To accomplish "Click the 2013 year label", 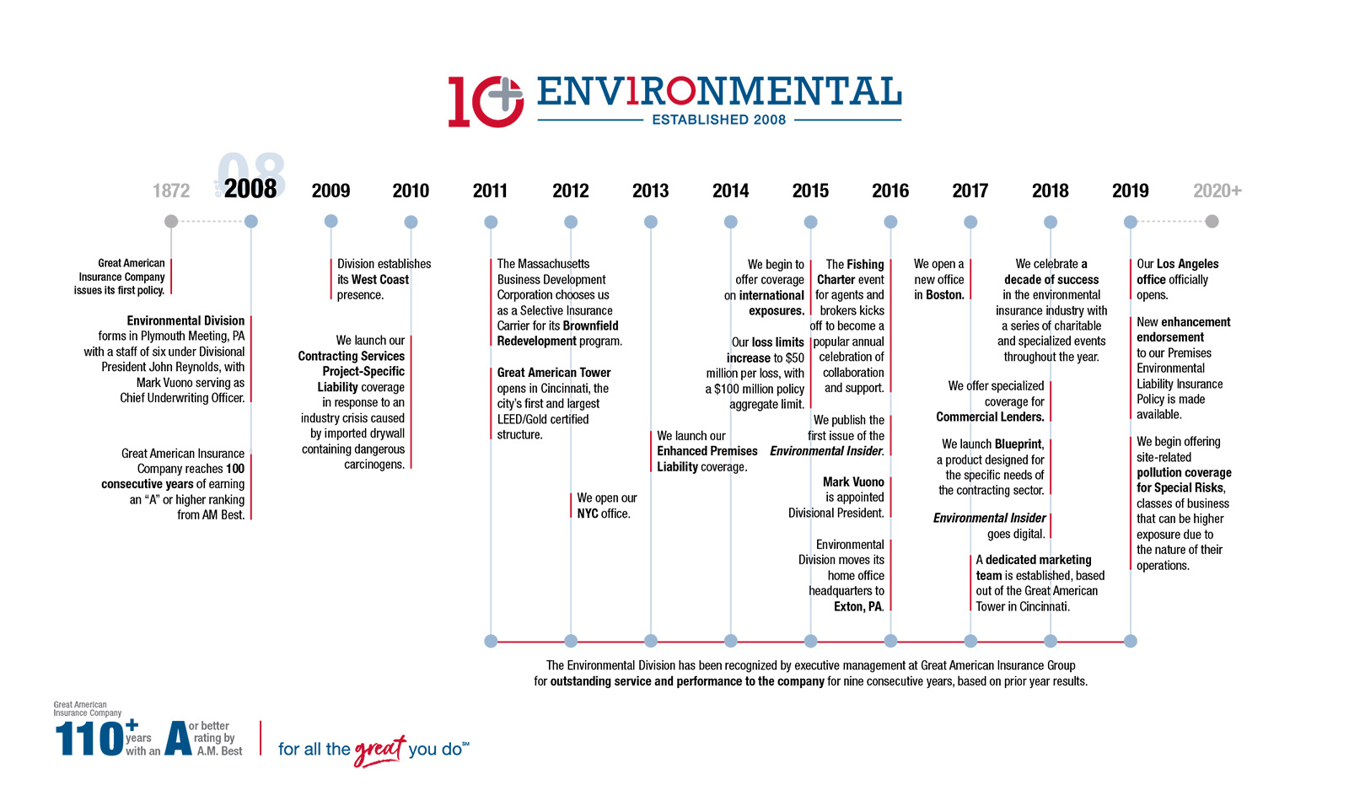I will [650, 191].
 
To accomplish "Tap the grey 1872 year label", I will [171, 191].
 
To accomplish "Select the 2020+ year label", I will [1217, 191].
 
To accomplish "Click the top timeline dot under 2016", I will [890, 222].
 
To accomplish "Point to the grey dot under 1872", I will [171, 221].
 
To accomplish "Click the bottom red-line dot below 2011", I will [491, 641].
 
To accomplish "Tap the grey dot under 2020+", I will [1212, 221].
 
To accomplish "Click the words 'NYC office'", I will [603, 514].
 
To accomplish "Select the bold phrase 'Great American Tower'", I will [554, 373].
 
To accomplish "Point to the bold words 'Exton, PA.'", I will [858, 607].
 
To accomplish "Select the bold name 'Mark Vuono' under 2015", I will [853, 482].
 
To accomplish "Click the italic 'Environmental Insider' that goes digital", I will [989, 519].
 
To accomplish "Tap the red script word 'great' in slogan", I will [379, 750].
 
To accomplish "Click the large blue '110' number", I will [89, 739].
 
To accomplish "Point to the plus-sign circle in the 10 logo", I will [504, 94].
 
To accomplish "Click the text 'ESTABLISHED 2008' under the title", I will [718, 120].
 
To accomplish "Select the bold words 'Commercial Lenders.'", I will [990, 417].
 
